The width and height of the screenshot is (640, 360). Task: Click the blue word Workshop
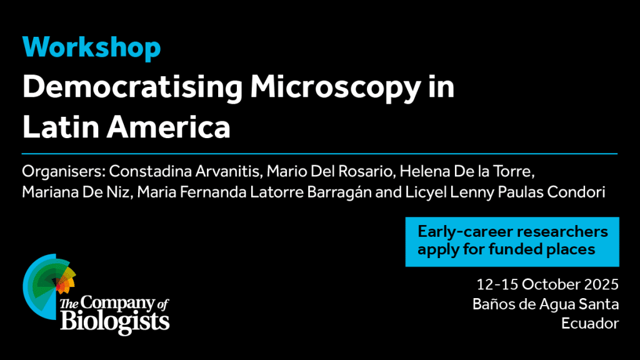(x=91, y=48)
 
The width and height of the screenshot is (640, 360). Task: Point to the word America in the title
(x=169, y=126)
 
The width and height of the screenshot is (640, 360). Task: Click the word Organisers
(x=64, y=172)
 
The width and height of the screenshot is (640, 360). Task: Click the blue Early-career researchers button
(x=512, y=242)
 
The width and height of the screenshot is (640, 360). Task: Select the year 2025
(x=601, y=284)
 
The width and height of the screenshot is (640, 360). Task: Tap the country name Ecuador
(x=590, y=324)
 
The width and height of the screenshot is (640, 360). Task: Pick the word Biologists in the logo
(x=115, y=322)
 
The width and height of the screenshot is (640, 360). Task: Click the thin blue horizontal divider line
(x=319, y=154)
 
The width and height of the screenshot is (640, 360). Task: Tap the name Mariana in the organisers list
(x=50, y=192)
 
